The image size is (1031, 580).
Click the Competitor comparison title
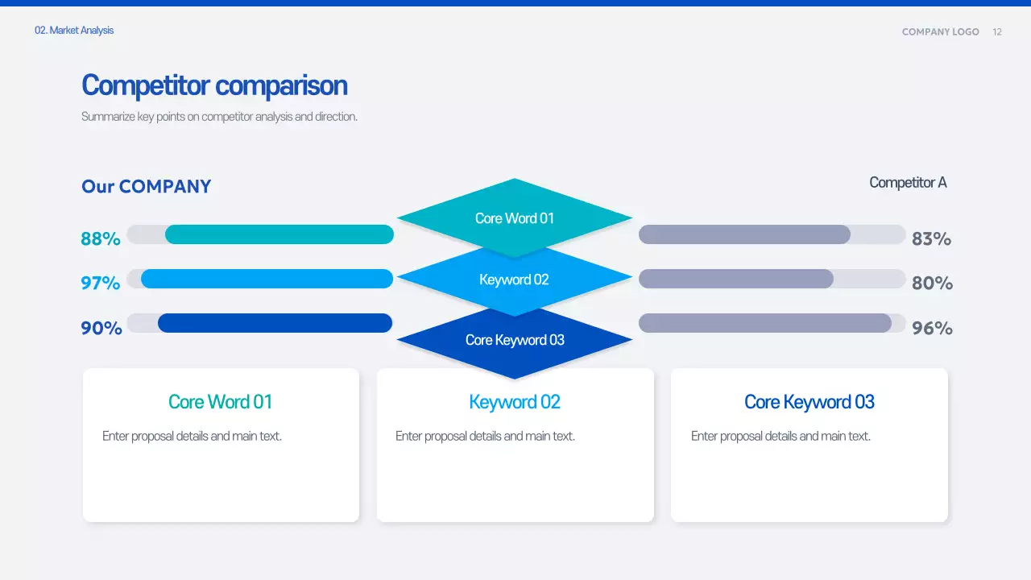(214, 85)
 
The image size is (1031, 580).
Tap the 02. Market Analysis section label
(74, 31)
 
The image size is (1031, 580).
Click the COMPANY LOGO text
(940, 32)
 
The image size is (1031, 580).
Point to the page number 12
(997, 32)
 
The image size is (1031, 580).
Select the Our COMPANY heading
(146, 187)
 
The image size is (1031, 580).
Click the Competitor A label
(908, 183)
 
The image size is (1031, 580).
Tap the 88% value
(101, 238)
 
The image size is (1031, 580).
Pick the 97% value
(101, 283)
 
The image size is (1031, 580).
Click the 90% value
(101, 328)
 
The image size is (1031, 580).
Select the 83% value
(931, 238)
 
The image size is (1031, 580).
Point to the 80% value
(932, 283)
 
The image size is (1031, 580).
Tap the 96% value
(932, 328)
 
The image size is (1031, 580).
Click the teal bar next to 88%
(279, 234)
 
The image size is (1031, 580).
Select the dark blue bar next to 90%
(275, 323)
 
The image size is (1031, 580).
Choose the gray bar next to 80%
(735, 279)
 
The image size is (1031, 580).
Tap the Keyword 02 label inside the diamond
(514, 280)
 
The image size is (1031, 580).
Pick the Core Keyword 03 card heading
(809, 402)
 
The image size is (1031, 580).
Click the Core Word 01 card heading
(220, 402)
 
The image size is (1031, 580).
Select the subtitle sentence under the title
(219, 117)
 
